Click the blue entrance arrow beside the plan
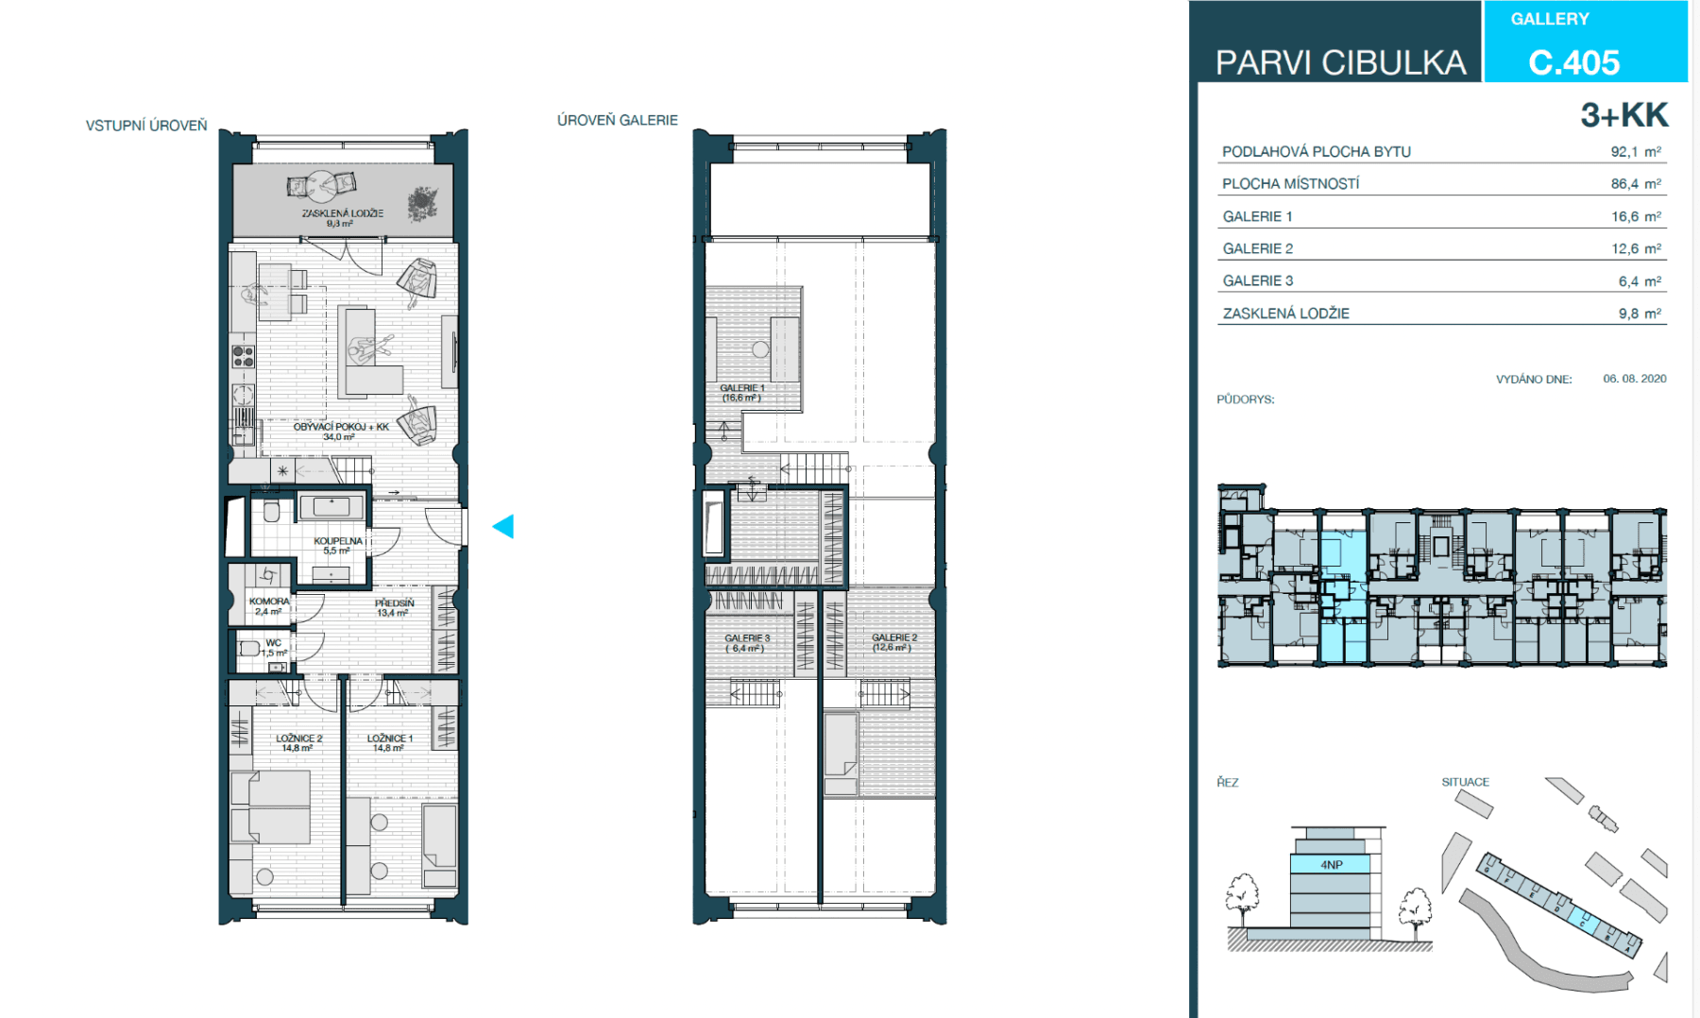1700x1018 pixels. (x=504, y=527)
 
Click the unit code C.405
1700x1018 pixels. (x=1573, y=62)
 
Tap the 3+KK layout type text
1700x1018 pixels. (x=1623, y=115)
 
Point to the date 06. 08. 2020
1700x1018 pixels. (x=1634, y=379)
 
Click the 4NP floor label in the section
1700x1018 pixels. (x=1331, y=864)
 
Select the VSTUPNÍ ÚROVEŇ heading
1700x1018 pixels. (x=146, y=126)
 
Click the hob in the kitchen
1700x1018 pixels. (x=243, y=356)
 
